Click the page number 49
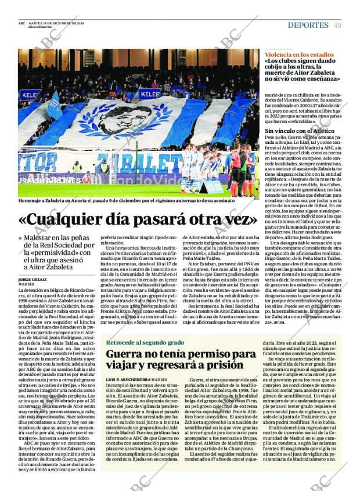coord(337,25)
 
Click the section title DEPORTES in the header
coord(308,25)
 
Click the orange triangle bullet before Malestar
coord(21,238)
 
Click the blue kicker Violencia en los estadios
coord(299,54)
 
